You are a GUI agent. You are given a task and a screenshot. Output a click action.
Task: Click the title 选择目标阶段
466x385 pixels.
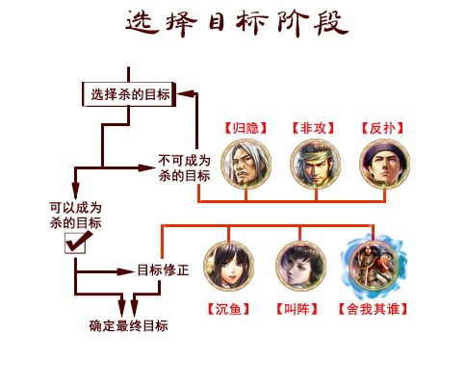pos(237,23)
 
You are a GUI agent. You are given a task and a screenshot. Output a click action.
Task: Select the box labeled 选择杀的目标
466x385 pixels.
pos(129,94)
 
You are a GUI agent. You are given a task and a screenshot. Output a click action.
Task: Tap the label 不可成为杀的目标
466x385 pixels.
pos(184,168)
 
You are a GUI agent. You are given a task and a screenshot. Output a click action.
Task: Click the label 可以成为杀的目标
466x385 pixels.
pos(76,216)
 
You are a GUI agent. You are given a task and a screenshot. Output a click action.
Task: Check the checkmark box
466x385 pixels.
pos(76,243)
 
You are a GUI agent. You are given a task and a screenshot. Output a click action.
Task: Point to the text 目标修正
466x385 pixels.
pos(163,270)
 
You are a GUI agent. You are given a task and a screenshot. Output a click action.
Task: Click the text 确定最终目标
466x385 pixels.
pos(128,325)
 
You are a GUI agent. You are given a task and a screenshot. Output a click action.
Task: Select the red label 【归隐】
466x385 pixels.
pos(246,128)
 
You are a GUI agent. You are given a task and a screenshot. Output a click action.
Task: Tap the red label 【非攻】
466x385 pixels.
pos(313,128)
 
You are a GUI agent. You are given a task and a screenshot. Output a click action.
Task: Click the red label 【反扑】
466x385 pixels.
pos(382,128)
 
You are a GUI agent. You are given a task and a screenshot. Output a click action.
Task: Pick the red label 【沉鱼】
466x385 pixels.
pos(228,309)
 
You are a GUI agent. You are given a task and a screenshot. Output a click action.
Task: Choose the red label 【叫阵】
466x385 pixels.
pos(297,309)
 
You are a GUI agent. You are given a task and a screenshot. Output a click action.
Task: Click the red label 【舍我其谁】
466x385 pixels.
pos(373,309)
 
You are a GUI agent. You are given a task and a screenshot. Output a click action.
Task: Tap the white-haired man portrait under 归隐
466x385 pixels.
pos(246,165)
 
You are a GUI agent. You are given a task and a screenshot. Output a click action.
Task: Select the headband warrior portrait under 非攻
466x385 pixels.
pos(316,165)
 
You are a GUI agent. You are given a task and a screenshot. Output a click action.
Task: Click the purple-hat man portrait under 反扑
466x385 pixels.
pos(385,165)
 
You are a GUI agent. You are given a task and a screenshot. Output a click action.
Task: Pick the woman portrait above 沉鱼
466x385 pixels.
pos(229,266)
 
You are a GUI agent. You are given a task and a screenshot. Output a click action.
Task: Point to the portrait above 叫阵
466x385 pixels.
pos(300,266)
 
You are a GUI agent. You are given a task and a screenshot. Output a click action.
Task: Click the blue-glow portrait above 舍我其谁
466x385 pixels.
pos(374,266)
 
